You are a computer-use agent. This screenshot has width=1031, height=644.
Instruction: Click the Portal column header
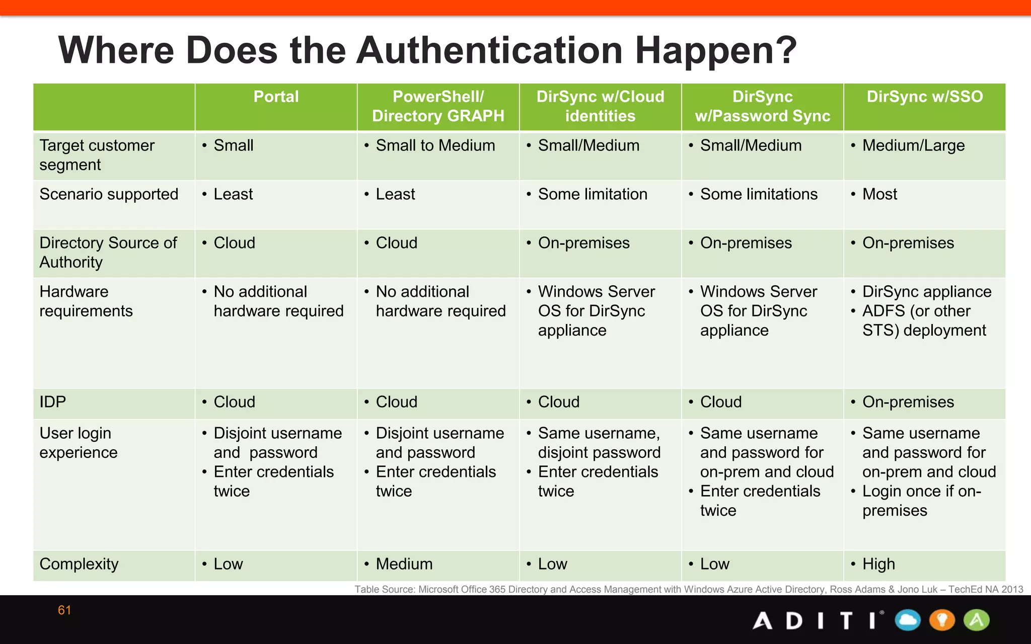coord(276,97)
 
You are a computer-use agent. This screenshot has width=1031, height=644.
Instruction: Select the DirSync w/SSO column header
coord(924,97)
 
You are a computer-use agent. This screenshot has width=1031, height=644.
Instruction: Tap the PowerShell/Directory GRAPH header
coord(438,106)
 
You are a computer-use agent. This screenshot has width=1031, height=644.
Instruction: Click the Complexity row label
coord(79,564)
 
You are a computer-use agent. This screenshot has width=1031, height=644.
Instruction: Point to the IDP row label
coord(53,402)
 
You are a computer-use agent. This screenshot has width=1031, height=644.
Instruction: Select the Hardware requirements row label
coord(86,301)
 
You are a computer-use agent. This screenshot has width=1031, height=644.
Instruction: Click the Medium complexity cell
coord(404,564)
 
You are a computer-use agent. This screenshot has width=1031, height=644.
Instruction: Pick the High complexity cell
coord(878,564)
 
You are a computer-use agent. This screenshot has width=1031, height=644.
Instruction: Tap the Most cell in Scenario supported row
coord(879,194)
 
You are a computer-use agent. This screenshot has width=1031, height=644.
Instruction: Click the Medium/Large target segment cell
coord(913,145)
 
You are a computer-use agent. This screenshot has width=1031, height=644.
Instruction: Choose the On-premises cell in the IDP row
coord(908,402)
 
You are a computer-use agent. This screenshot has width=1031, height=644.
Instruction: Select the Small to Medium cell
coord(435,145)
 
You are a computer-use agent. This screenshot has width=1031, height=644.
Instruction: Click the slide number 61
coord(64,610)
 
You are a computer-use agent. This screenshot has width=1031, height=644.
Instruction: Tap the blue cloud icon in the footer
coord(908,620)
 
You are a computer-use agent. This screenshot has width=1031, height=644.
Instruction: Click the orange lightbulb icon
coord(942,620)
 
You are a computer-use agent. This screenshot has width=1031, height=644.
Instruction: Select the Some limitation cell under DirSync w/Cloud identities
coord(593,194)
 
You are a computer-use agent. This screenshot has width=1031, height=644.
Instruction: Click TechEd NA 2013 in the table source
coord(986,589)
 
